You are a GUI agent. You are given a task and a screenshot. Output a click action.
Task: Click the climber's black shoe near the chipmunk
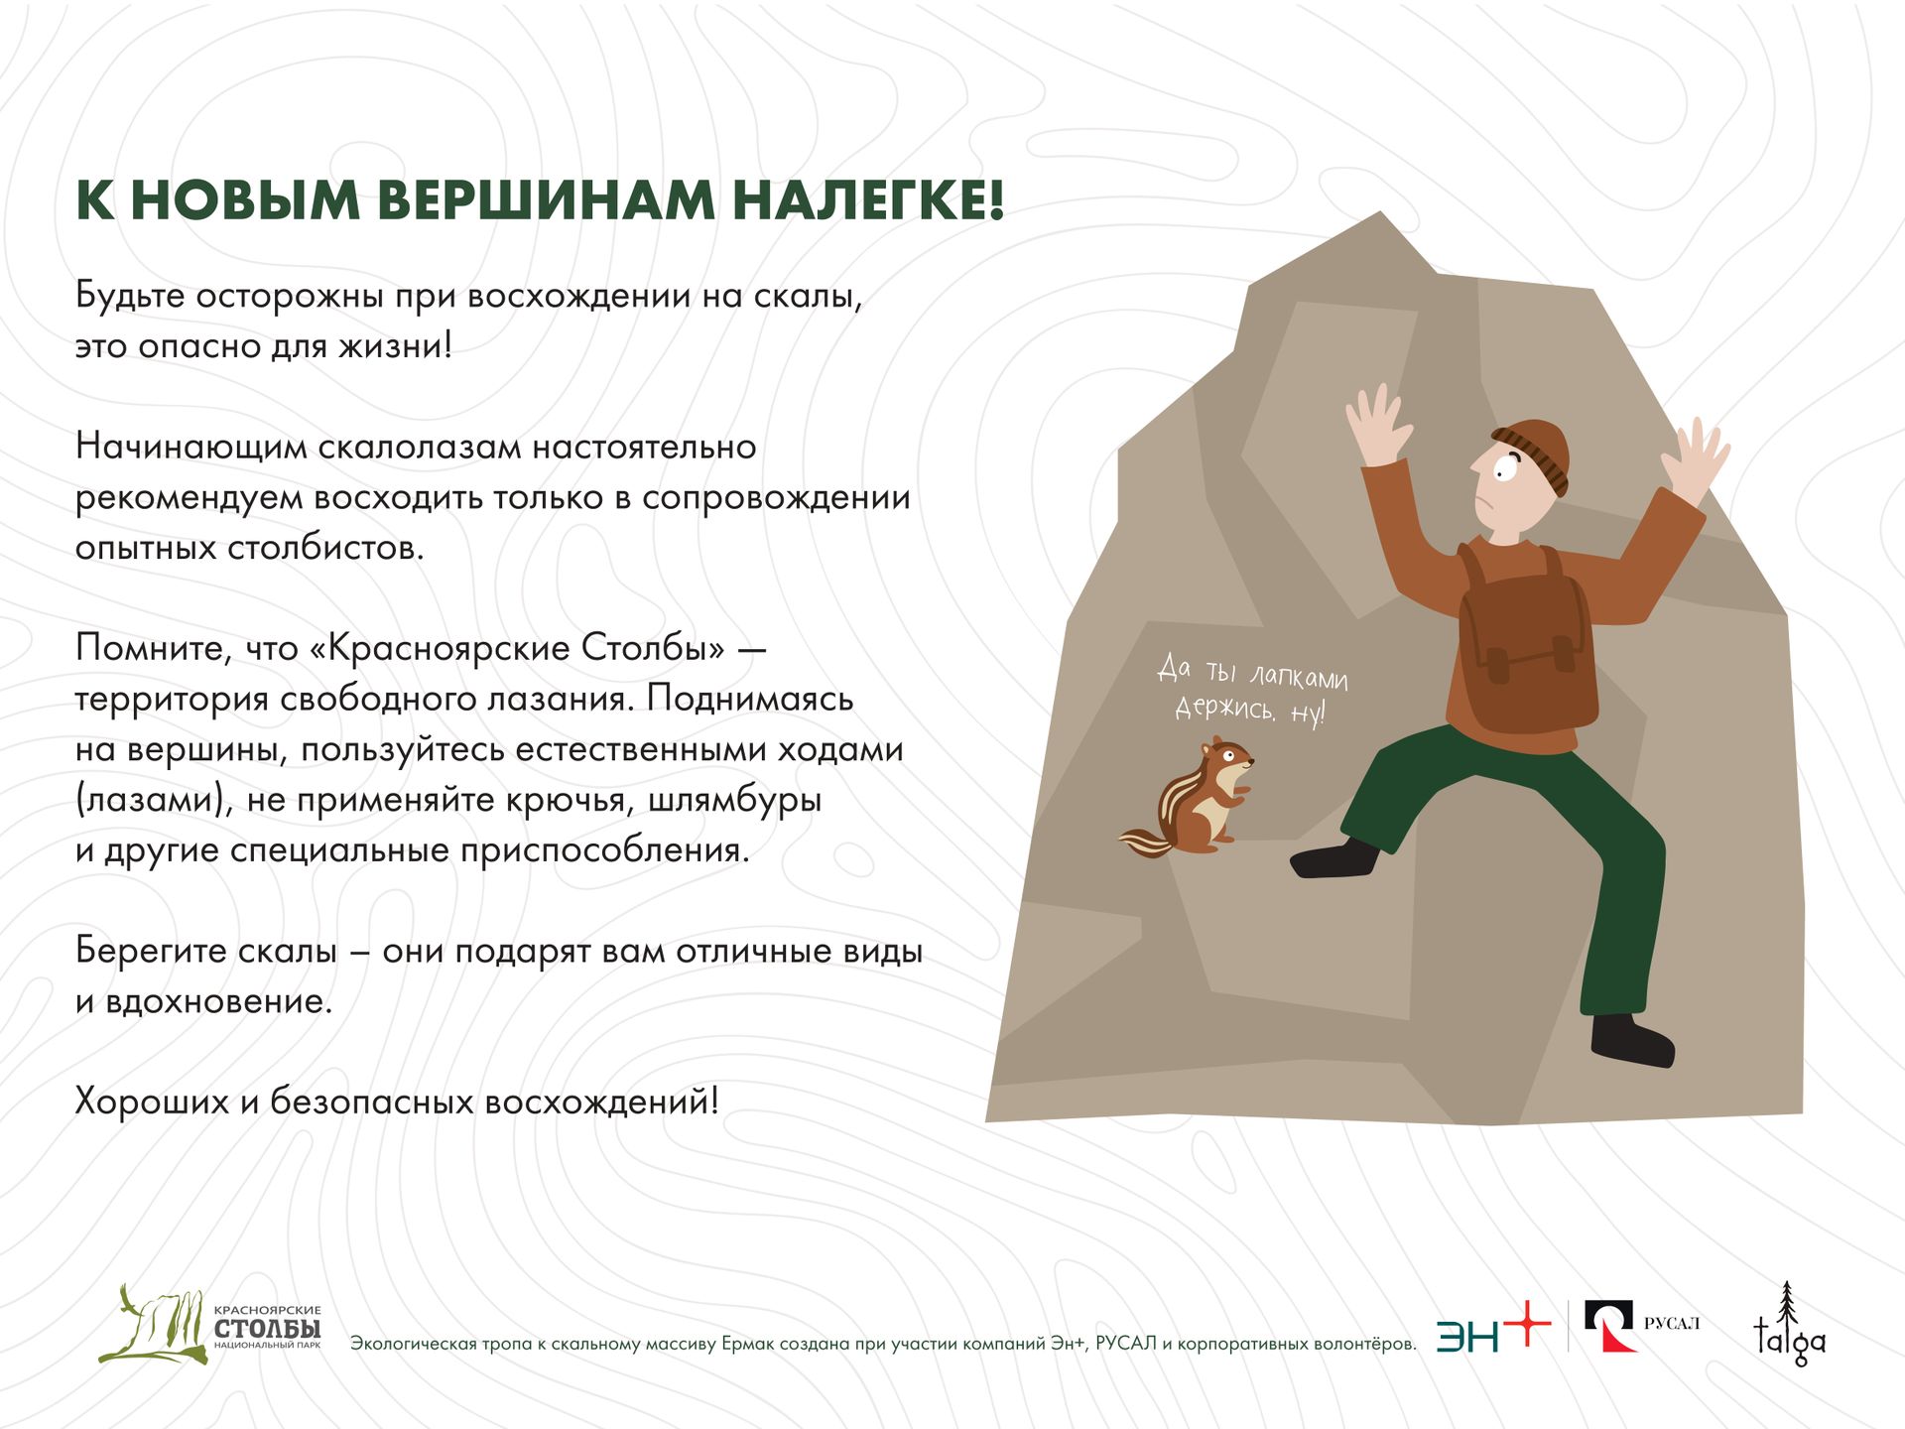(x=1334, y=858)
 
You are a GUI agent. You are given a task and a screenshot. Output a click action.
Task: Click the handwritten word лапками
(x=1298, y=677)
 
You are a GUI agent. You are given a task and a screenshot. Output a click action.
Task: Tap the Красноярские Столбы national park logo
(x=209, y=1324)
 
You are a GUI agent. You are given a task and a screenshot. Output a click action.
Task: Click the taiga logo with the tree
(x=1789, y=1324)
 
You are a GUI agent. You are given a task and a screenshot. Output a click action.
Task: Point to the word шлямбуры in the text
(x=735, y=800)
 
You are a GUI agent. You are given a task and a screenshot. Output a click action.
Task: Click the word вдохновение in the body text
(x=219, y=1000)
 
